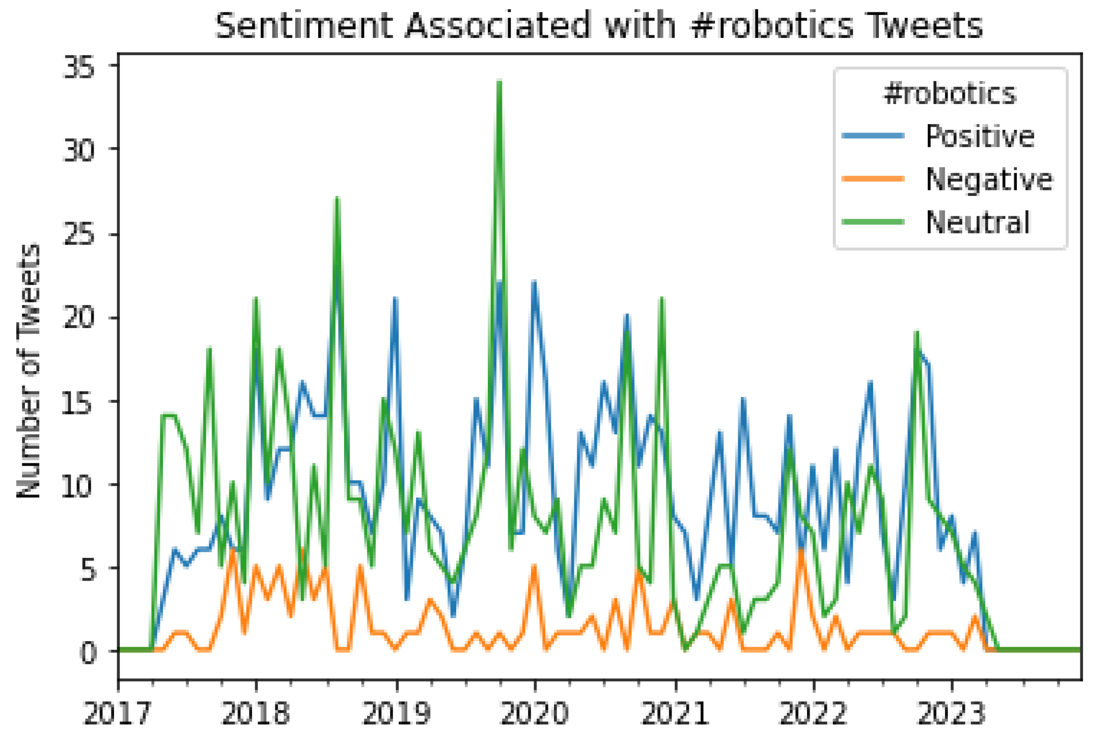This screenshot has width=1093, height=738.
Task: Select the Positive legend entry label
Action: click(980, 136)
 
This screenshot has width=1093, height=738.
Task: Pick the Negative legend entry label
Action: click(988, 179)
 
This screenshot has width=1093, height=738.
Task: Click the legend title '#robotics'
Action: click(950, 94)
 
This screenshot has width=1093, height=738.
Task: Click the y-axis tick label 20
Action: click(79, 318)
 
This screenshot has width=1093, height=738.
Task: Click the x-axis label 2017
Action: click(117, 714)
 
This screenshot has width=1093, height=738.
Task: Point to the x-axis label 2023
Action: click(951, 714)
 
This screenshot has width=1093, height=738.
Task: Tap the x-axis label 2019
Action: click(396, 714)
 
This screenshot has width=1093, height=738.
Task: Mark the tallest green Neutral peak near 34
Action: click(500, 82)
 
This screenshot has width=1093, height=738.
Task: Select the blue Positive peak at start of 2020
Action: click(534, 282)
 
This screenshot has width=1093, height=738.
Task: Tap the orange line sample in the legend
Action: click(873, 179)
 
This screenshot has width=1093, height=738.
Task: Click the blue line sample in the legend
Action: click(873, 136)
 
